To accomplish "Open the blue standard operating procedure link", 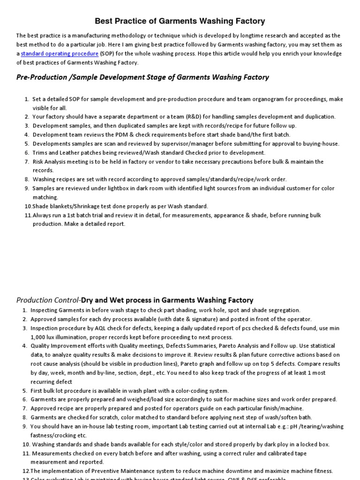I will pyautogui.click(x=60, y=53).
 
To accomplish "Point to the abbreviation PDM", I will pyautogui.click(x=121, y=135).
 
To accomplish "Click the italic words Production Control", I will pyautogui.click(x=48, y=300).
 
